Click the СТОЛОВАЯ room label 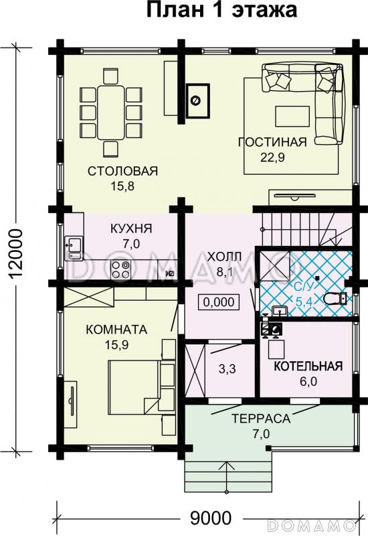(x=122, y=172)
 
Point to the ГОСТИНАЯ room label (x=272, y=141)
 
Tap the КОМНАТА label (x=116, y=329)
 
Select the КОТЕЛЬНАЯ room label (x=308, y=366)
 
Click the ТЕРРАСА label (x=260, y=419)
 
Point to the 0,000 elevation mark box (x=218, y=301)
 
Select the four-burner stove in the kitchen (x=121, y=270)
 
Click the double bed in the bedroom (x=133, y=385)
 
